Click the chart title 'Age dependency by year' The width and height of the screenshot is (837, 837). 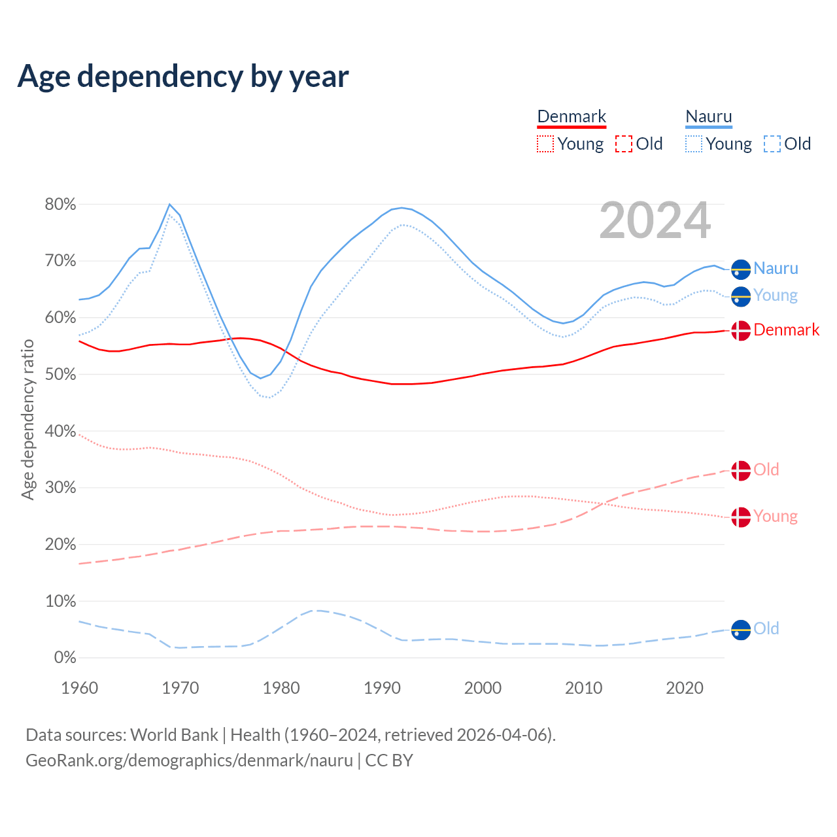pos(183,76)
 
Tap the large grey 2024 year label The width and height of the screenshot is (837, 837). pos(655,221)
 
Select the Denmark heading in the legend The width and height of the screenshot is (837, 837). pos(572,116)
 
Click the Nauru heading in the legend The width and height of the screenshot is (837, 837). pos(709,116)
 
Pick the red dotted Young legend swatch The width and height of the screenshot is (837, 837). pos(545,144)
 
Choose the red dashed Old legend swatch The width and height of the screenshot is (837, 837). pos(624,144)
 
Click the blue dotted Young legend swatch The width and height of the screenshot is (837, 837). pos(694,144)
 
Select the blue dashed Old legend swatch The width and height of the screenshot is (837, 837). pos(772,144)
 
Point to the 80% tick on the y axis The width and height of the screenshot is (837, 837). pos(60,205)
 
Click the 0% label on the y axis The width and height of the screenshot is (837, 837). pos(65,658)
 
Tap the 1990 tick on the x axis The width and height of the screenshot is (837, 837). pos(382,688)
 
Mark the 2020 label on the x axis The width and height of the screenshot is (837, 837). pos(685,688)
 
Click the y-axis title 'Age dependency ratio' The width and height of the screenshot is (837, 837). pos(27,419)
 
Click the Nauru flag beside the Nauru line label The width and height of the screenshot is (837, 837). pos(741,269)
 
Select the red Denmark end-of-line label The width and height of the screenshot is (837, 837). pos(786,330)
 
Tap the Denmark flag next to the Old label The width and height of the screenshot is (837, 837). pos(741,471)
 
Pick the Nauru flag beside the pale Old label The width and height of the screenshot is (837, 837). pos(741,630)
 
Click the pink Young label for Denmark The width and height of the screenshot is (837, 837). pos(776,517)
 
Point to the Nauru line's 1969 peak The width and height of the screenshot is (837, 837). pos(170,205)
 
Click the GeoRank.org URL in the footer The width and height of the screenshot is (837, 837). pos(189,760)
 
